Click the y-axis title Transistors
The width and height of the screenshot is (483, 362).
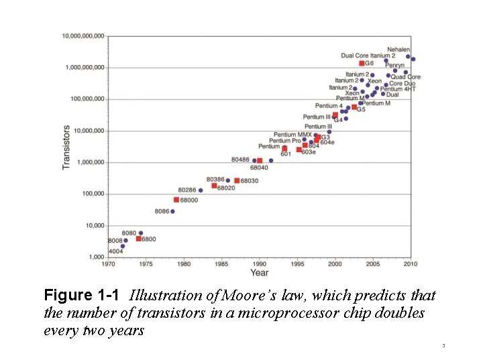click(x=66, y=147)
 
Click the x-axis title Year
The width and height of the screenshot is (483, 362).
click(x=259, y=273)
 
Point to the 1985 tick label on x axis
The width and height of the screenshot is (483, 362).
click(x=221, y=264)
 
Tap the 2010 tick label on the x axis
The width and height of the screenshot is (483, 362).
click(x=411, y=264)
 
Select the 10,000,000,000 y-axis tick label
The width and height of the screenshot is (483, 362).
click(x=83, y=36)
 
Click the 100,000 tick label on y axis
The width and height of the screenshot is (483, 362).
click(x=92, y=194)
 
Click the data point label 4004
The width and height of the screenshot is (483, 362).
click(x=115, y=251)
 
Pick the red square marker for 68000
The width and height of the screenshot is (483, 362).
click(x=176, y=200)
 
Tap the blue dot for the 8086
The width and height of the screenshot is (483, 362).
click(x=172, y=211)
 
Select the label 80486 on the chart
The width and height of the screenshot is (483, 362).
click(x=240, y=160)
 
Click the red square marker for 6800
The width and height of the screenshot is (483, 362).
click(x=139, y=239)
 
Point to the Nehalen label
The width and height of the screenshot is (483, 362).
click(x=398, y=50)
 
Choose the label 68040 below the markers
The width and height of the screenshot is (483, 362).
click(x=259, y=168)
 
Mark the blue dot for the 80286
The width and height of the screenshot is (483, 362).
click(x=201, y=190)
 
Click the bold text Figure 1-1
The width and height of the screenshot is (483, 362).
click(x=83, y=296)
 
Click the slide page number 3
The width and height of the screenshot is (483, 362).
click(x=444, y=346)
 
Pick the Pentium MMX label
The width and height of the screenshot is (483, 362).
click(x=292, y=135)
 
